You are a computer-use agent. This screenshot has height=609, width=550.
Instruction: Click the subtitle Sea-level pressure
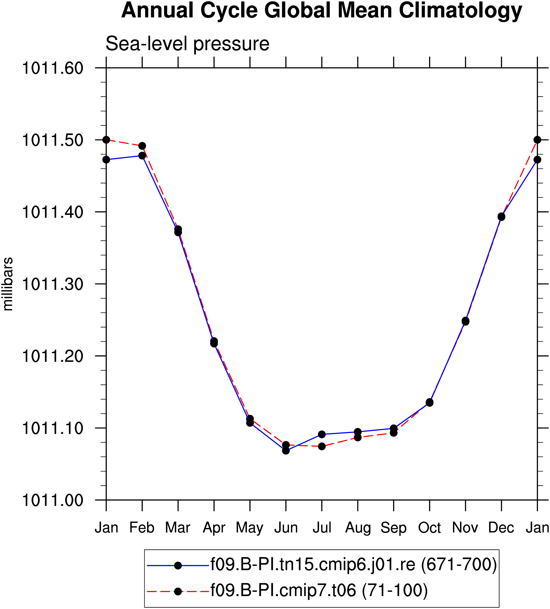(x=187, y=44)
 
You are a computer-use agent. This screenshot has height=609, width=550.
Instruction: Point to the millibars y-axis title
(x=8, y=284)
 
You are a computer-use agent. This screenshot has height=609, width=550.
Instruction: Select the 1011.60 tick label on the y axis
(x=52, y=68)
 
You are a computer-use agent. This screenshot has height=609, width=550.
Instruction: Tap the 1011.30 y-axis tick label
(x=52, y=284)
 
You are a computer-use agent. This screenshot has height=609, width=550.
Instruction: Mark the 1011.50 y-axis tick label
(x=52, y=140)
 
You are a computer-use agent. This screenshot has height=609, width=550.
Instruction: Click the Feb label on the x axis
(x=142, y=528)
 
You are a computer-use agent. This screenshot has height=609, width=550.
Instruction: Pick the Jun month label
(x=286, y=528)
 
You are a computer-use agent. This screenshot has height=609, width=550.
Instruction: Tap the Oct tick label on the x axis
(x=430, y=528)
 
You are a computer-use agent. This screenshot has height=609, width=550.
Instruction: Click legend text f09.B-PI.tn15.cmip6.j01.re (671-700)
(x=354, y=565)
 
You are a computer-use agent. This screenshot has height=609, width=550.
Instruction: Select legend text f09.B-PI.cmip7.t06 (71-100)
(x=319, y=590)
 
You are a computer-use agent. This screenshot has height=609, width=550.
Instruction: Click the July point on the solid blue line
(x=322, y=434)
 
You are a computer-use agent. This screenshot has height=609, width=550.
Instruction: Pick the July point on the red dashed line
(x=322, y=446)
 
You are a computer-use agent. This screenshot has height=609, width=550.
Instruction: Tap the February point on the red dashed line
(x=142, y=146)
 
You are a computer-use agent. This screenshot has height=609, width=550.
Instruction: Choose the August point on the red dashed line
(x=358, y=437)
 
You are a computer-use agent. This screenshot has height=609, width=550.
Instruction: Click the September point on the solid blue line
(x=394, y=428)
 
